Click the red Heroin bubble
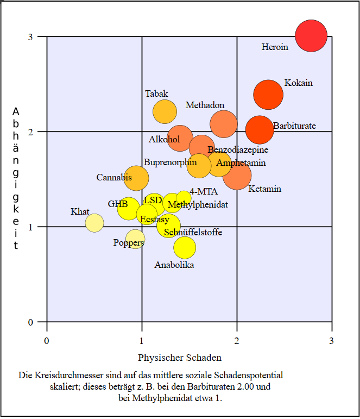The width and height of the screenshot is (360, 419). click(x=311, y=36)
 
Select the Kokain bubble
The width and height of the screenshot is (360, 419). click(x=268, y=95)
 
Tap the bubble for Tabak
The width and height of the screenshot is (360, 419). click(x=165, y=111)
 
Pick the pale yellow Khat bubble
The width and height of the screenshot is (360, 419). click(x=94, y=222)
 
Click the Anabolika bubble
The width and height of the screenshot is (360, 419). click(x=185, y=247)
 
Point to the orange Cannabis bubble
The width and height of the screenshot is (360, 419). click(x=137, y=178)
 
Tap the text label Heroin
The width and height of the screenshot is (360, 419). click(x=275, y=47)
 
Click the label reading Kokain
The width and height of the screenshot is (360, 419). click(x=299, y=83)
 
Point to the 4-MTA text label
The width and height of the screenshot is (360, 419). click(x=204, y=191)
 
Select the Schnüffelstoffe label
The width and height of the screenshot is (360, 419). click(x=193, y=233)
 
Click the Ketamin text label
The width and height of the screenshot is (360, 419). click(x=265, y=189)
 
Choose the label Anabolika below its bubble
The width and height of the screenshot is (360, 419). click(x=174, y=265)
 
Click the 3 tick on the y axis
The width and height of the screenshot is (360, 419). click(x=30, y=36)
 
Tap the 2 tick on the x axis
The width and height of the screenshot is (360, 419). click(x=237, y=341)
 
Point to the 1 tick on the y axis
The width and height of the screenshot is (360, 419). click(x=30, y=227)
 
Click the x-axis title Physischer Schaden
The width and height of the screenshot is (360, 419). click(x=180, y=358)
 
